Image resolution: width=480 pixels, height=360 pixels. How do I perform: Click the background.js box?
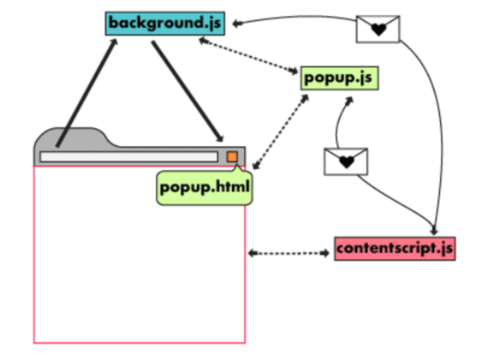[164, 23]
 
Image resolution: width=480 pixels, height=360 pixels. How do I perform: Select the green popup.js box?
[339, 78]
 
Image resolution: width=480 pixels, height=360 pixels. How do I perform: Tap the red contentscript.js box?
[394, 248]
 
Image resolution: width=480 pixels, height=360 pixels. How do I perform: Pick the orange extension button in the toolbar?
[232, 156]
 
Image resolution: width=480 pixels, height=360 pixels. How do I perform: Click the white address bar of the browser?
[128, 157]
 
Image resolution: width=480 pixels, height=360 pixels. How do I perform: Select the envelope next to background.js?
[378, 29]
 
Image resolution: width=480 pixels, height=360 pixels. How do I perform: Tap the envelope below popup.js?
[346, 162]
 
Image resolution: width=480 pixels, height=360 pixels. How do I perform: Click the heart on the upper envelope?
[378, 29]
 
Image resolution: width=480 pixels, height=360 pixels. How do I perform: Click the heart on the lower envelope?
[346, 162]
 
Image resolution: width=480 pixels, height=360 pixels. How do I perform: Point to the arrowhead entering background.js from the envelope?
[236, 24]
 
